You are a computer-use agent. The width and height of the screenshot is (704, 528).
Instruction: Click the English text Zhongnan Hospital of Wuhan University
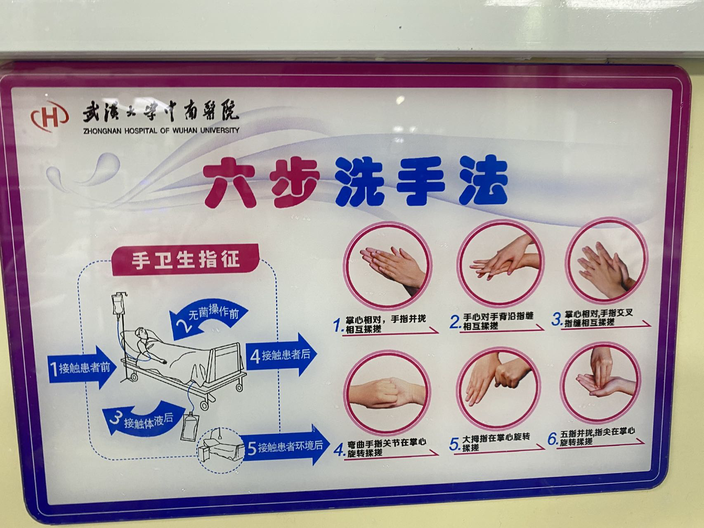161,130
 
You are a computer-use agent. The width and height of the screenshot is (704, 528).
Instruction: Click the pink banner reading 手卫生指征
185,260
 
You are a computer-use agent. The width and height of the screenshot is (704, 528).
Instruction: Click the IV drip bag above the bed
119,305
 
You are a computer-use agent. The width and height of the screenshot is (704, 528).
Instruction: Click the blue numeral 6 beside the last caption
553,439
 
